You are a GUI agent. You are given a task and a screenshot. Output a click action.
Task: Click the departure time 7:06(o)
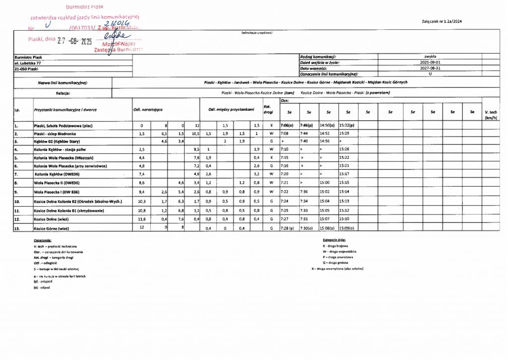coord(288,126)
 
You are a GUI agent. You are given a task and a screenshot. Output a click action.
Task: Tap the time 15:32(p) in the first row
coord(347,126)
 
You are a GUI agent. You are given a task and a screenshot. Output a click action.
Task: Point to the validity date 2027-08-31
coord(429,69)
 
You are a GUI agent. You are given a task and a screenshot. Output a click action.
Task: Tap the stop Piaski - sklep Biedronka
coord(54,134)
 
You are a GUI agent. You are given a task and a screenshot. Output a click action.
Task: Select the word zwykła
coord(430,57)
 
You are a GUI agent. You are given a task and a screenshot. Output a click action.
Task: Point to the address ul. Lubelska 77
coord(28,64)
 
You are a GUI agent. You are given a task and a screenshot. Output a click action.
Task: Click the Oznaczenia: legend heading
coord(43,240)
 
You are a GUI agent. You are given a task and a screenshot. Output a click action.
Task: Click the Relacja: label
coord(63,93)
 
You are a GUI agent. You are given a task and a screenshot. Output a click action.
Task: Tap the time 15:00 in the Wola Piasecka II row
coord(325,182)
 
